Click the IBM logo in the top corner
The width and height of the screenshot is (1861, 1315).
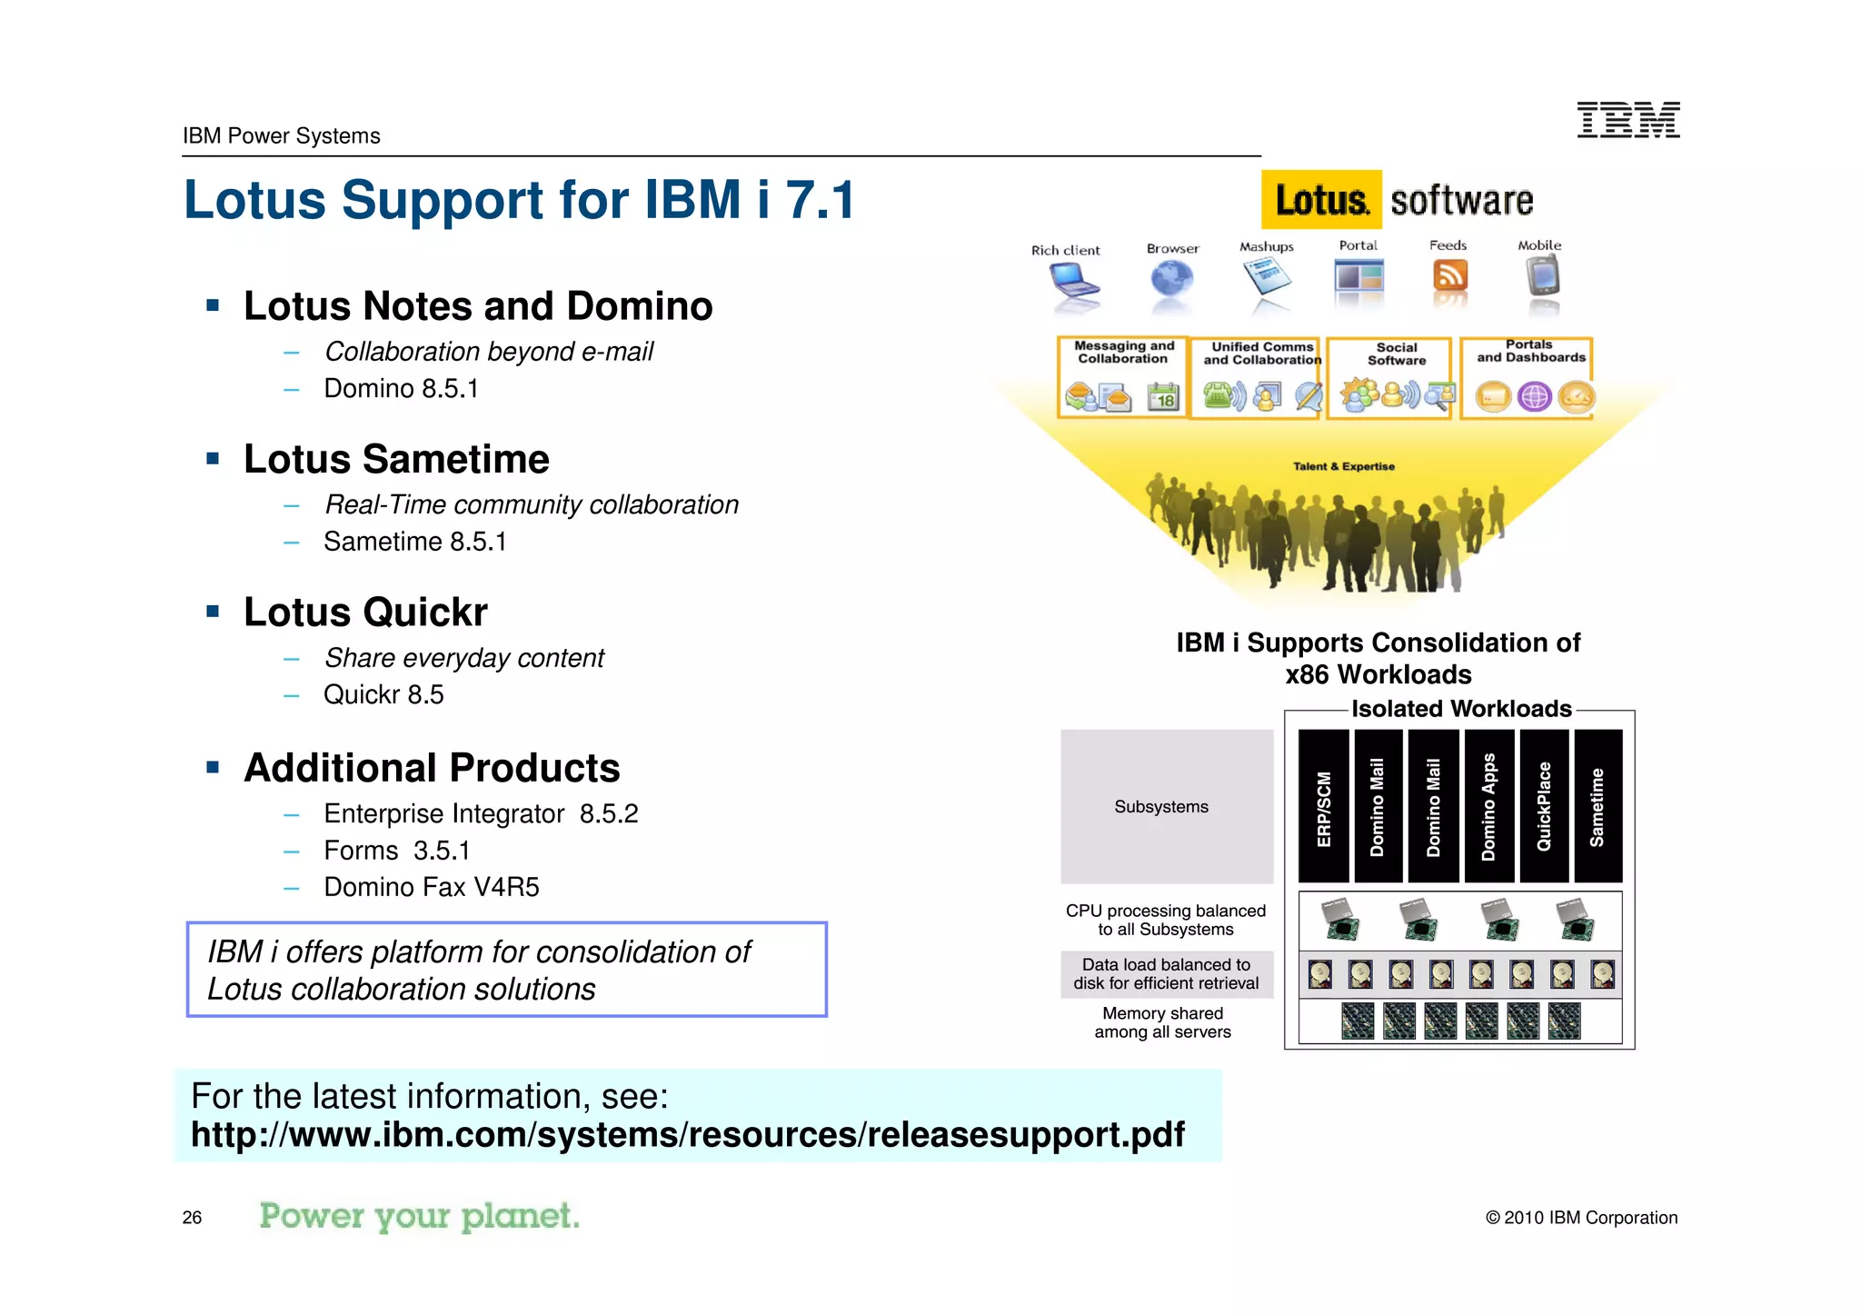coord(1628,120)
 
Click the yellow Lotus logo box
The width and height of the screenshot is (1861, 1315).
coord(1320,200)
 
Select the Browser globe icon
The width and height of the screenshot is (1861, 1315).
coord(1171,279)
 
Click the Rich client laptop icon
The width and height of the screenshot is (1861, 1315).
coord(1072,282)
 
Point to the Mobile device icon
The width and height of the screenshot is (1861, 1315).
coord(1542,276)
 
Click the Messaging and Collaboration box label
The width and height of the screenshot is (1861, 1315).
coord(1124,353)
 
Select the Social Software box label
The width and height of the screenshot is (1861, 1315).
coord(1397,354)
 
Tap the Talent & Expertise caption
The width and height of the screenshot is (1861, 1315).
coord(1343,466)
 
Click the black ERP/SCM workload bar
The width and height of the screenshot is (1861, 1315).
coord(1323,806)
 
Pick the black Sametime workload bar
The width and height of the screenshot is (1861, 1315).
coord(1597,806)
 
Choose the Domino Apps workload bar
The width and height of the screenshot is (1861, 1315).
coord(1488,806)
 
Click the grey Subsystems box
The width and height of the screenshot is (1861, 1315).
coord(1166,806)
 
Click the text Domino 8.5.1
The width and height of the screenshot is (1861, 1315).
coord(401,389)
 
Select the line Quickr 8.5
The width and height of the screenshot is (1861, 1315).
coord(383,695)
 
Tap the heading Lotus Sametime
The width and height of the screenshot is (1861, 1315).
coord(396,459)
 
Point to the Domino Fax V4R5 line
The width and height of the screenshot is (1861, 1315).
coord(432,887)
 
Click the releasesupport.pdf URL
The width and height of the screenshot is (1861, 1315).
coord(687,1135)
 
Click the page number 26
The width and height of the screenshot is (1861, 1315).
coord(192,1218)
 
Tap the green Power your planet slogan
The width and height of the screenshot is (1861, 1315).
coord(419,1216)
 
